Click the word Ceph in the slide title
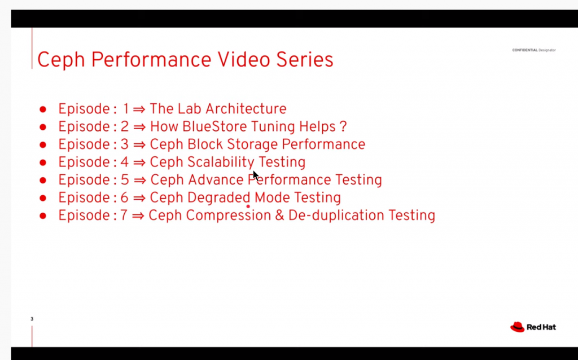[61, 60]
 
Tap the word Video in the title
[244, 59]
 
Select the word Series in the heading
[305, 59]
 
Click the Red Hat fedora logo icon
[517, 327]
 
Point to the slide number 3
[32, 319]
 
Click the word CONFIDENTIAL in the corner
[524, 50]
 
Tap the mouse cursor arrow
[256, 175]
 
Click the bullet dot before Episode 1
[43, 109]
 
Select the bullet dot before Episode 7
[43, 216]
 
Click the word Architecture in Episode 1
[246, 109]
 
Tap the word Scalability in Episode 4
[221, 163]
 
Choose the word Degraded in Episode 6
[218, 197]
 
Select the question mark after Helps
[343, 126]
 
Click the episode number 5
[125, 180]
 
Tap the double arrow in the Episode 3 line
[139, 145]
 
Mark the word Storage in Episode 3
[252, 145]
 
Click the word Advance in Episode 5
[216, 180]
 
